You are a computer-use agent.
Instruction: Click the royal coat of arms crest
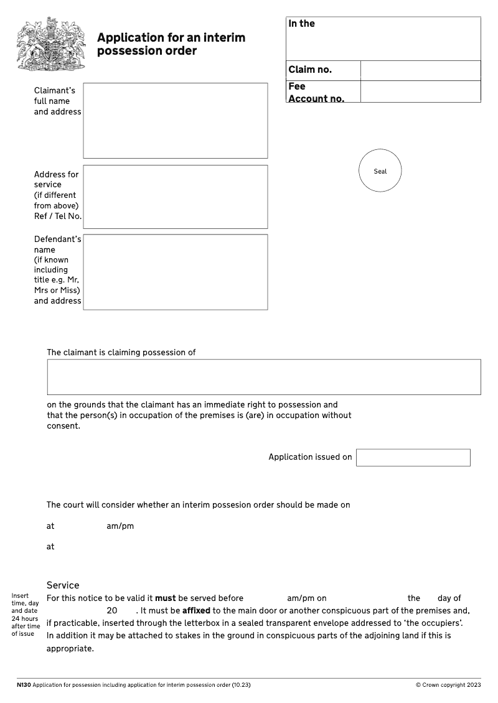click(50, 45)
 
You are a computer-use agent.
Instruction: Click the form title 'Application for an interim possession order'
click(171, 44)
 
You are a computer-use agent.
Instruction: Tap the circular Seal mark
click(380, 170)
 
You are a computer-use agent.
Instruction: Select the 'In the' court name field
click(383, 39)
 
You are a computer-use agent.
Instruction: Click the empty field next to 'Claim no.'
click(420, 70)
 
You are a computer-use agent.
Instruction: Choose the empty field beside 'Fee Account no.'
click(420, 91)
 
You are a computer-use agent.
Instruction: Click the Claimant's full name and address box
click(175, 121)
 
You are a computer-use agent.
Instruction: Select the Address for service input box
click(175, 197)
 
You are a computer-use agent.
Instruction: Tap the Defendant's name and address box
click(175, 272)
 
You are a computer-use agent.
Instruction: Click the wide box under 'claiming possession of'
click(263, 377)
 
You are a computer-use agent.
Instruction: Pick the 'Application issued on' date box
click(413, 457)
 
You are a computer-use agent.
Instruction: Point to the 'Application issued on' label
click(310, 457)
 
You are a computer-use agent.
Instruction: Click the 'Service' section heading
click(63, 585)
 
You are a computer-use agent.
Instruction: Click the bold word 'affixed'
click(196, 611)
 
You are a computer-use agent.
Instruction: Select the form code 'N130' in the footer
click(24, 685)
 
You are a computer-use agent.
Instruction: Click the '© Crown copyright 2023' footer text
click(448, 685)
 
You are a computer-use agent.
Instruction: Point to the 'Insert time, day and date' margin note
click(25, 615)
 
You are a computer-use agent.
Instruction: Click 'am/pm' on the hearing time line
click(120, 526)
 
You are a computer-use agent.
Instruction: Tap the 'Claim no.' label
click(310, 70)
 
